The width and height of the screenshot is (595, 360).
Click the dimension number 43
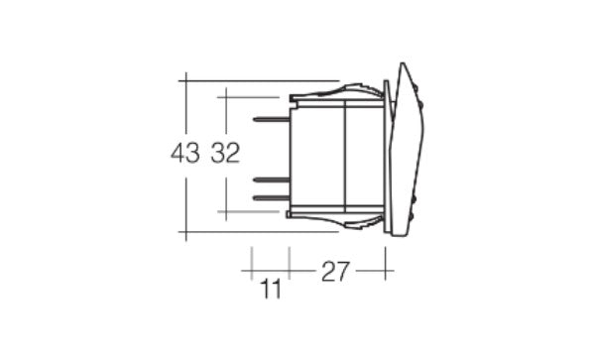coord(185,153)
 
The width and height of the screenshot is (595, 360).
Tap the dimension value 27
coord(334,271)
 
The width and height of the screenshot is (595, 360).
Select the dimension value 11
coord(270,290)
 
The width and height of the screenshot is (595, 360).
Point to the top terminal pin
coord(271,120)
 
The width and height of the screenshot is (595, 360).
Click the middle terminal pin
coord(271,180)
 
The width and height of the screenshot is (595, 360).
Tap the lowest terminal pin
coord(271,197)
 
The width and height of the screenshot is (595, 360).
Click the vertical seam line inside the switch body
coord(343,154)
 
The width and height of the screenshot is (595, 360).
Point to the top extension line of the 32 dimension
coord(253,96)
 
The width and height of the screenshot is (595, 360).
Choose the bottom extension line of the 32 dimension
coord(253,211)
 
